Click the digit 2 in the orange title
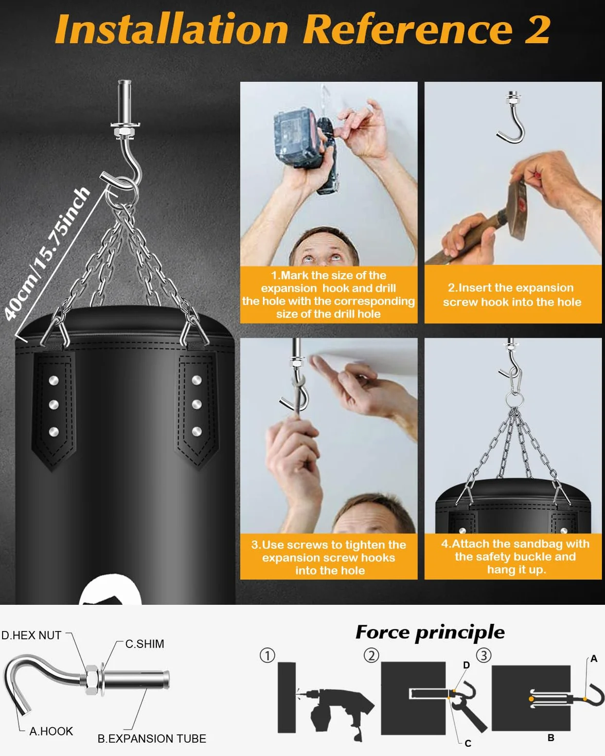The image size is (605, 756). pyautogui.click(x=537, y=29)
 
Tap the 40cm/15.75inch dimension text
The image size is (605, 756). pyautogui.click(x=47, y=254)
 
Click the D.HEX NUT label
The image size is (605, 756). pyautogui.click(x=31, y=635)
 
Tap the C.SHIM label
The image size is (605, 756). pyautogui.click(x=145, y=643)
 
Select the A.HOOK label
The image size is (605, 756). pyautogui.click(x=51, y=731)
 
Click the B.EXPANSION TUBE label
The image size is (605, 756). pyautogui.click(x=152, y=739)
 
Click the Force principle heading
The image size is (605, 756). pyautogui.click(x=430, y=633)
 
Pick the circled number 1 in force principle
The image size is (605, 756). pyautogui.click(x=267, y=656)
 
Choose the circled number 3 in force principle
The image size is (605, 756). pyautogui.click(x=484, y=656)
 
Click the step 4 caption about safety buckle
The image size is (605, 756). pyautogui.click(x=515, y=556)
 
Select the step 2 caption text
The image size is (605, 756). pyautogui.click(x=512, y=295)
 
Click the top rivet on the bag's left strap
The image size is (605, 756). pyautogui.click(x=54, y=381)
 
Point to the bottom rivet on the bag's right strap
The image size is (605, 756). pyautogui.click(x=197, y=431)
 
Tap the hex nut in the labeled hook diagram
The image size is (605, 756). pyautogui.click(x=92, y=680)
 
